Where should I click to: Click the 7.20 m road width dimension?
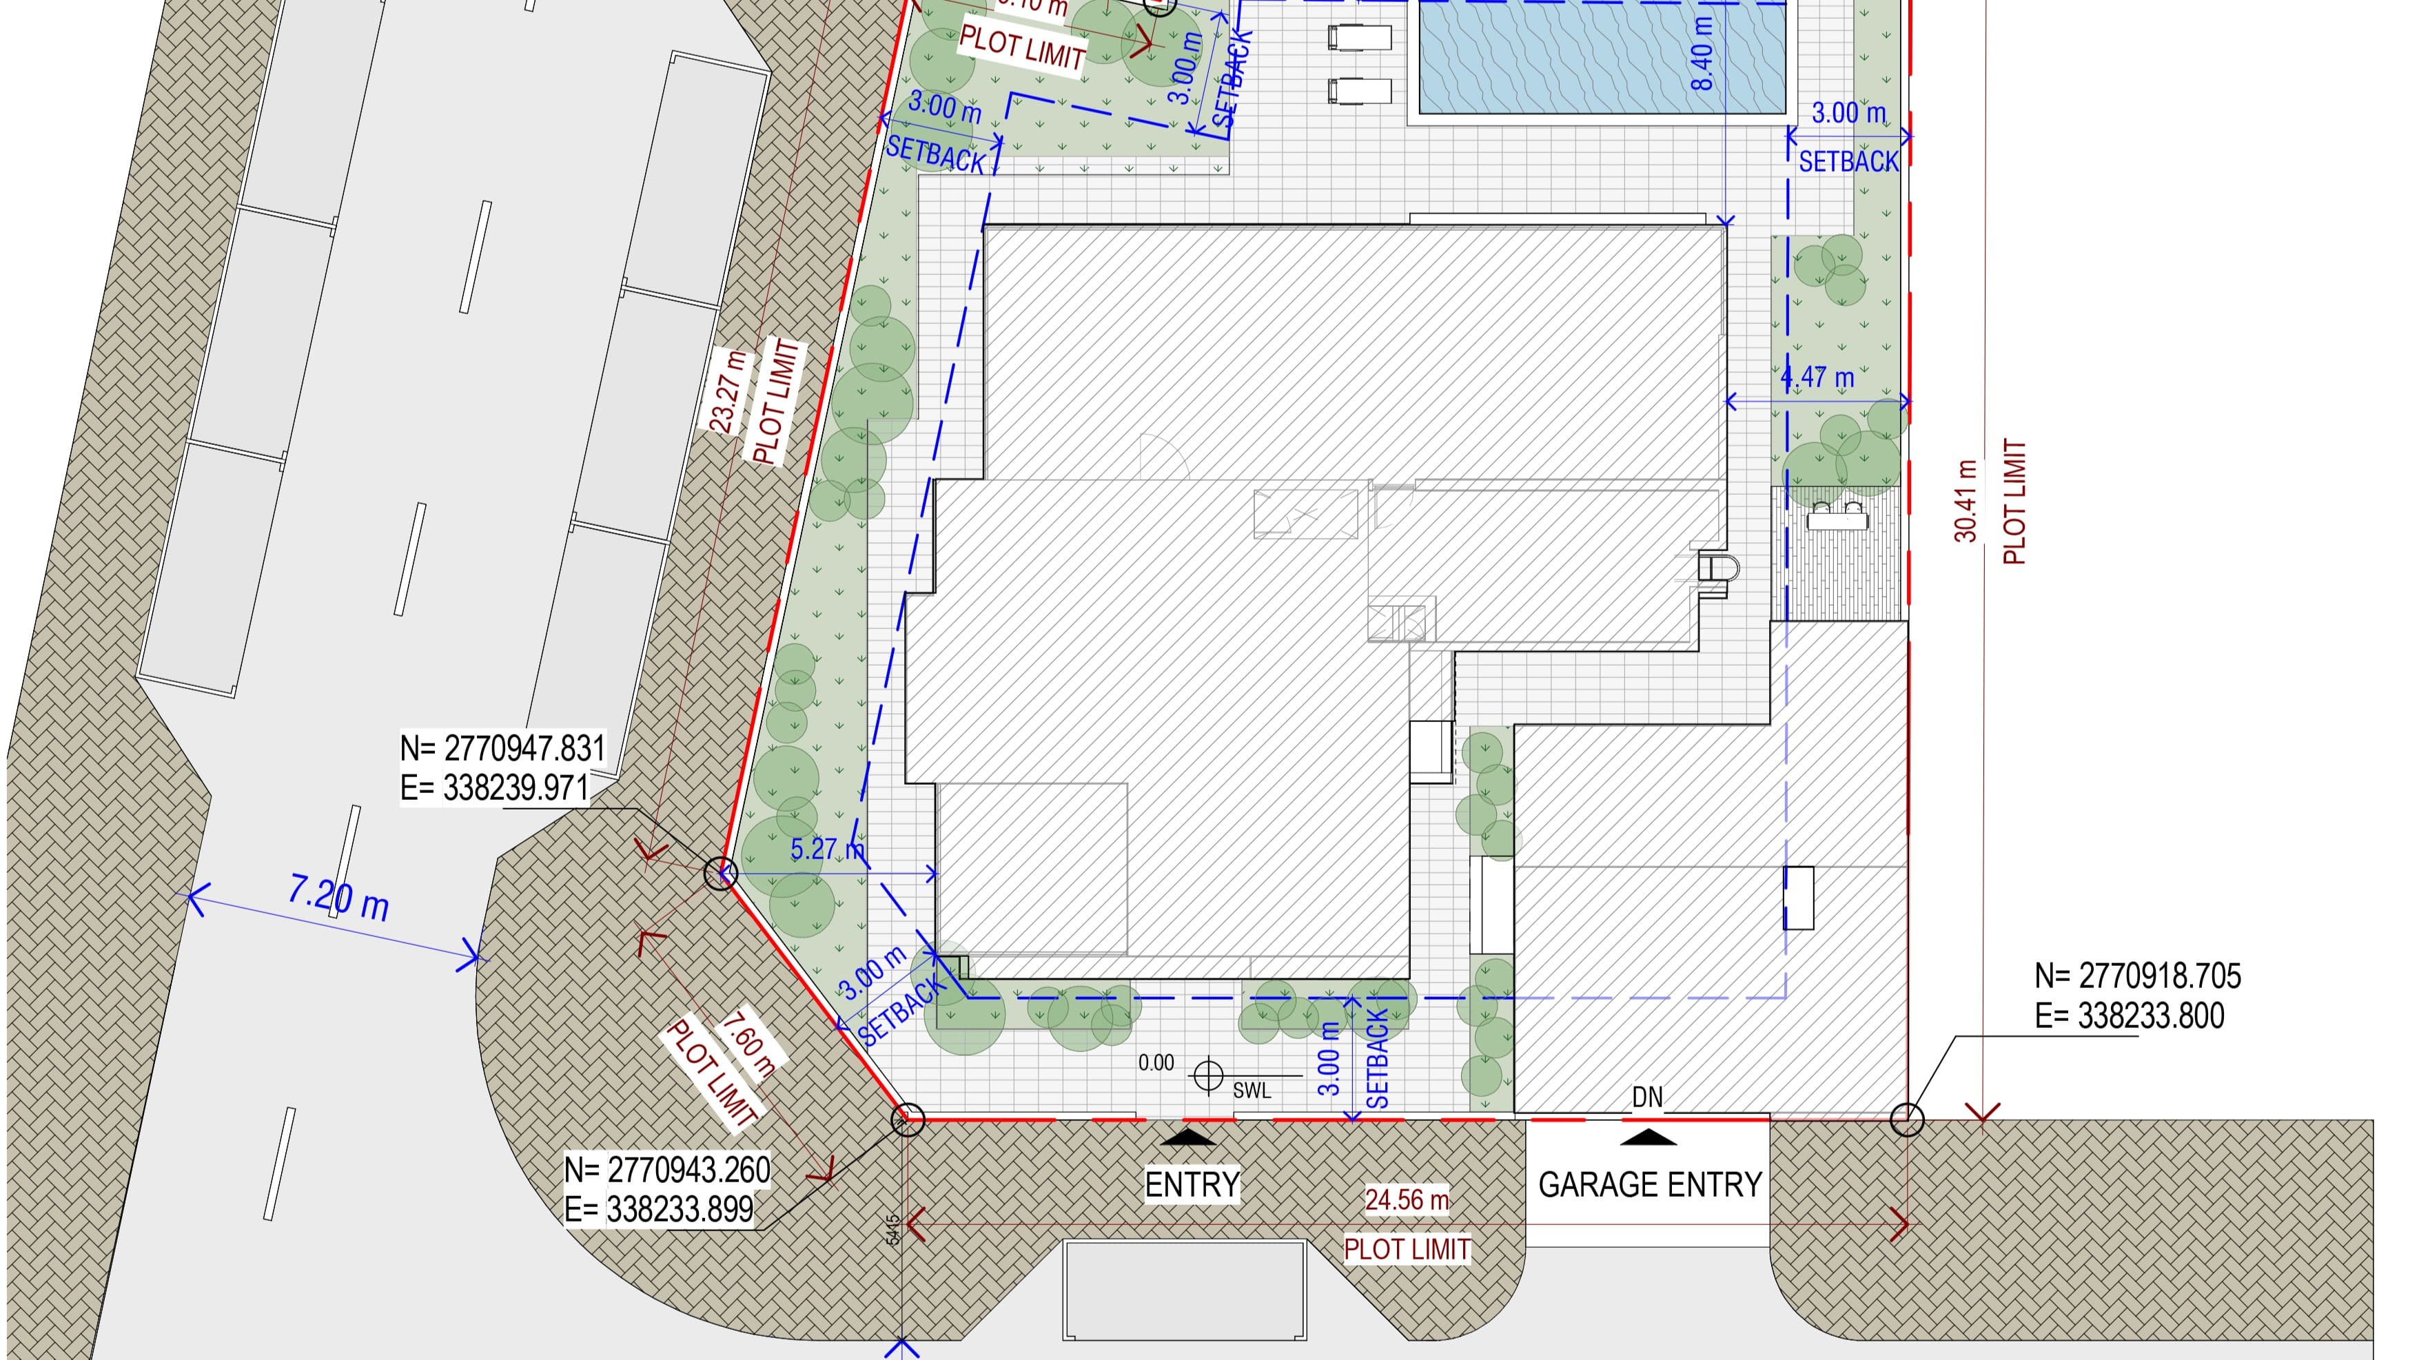tap(338, 898)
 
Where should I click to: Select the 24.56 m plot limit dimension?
tap(1406, 1200)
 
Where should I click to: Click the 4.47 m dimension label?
tap(1818, 378)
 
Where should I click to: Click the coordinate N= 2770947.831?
tap(502, 749)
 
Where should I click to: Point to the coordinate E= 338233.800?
tap(2129, 1016)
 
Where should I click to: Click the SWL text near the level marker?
tap(1252, 1091)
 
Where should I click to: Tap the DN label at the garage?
tap(1647, 1098)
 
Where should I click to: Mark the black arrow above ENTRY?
tap(1189, 1137)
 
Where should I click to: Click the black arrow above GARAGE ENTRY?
tap(1648, 1137)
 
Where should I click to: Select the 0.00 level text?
tap(1156, 1064)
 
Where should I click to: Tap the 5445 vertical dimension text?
tap(892, 1230)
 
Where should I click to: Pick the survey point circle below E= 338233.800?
tap(1906, 1119)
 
